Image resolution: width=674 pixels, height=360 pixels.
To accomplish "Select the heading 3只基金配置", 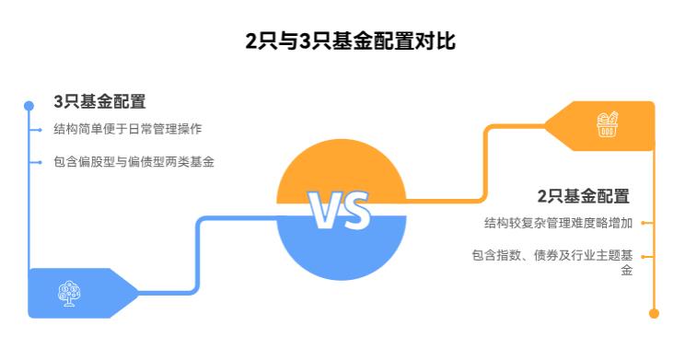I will point(99,101).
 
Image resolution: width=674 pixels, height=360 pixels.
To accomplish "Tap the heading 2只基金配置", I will point(583,195).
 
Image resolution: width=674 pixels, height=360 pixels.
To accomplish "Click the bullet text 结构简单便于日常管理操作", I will point(127,129).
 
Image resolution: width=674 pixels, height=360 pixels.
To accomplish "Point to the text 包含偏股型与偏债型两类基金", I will point(134,162).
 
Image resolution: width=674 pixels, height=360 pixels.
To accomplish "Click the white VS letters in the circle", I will point(340,210).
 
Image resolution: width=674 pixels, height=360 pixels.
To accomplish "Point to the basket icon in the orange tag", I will point(607,124).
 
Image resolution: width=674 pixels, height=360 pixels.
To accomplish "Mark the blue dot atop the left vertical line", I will point(29,106).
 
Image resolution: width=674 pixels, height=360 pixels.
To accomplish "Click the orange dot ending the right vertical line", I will point(654,313).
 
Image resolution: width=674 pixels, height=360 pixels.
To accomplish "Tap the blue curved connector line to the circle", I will point(197,258).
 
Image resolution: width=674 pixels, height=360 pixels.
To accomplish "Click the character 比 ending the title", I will point(446,41).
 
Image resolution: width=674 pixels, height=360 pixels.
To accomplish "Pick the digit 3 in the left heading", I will point(58,101).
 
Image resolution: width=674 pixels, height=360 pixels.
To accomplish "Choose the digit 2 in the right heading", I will point(542,195).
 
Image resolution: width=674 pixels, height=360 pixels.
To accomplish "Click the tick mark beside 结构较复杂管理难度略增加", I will point(648,222).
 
